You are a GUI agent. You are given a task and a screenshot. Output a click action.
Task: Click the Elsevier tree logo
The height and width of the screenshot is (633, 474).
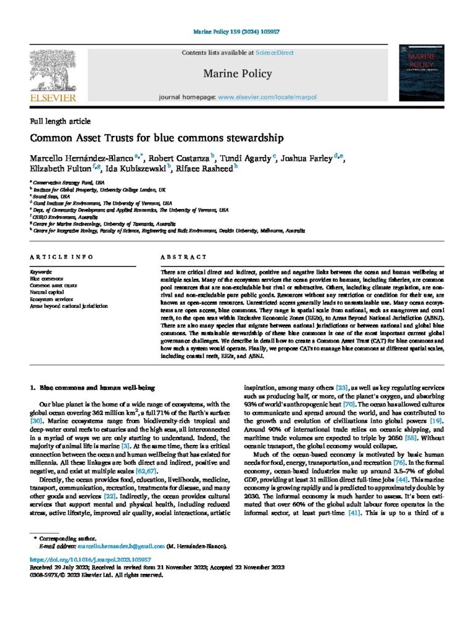click(53, 69)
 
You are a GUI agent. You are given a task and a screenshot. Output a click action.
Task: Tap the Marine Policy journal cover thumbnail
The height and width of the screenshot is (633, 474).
click(422, 72)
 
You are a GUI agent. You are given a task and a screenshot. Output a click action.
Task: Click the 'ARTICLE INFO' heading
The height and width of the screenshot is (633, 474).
click(61, 257)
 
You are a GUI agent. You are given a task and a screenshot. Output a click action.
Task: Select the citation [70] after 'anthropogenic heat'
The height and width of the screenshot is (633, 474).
click(349, 404)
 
